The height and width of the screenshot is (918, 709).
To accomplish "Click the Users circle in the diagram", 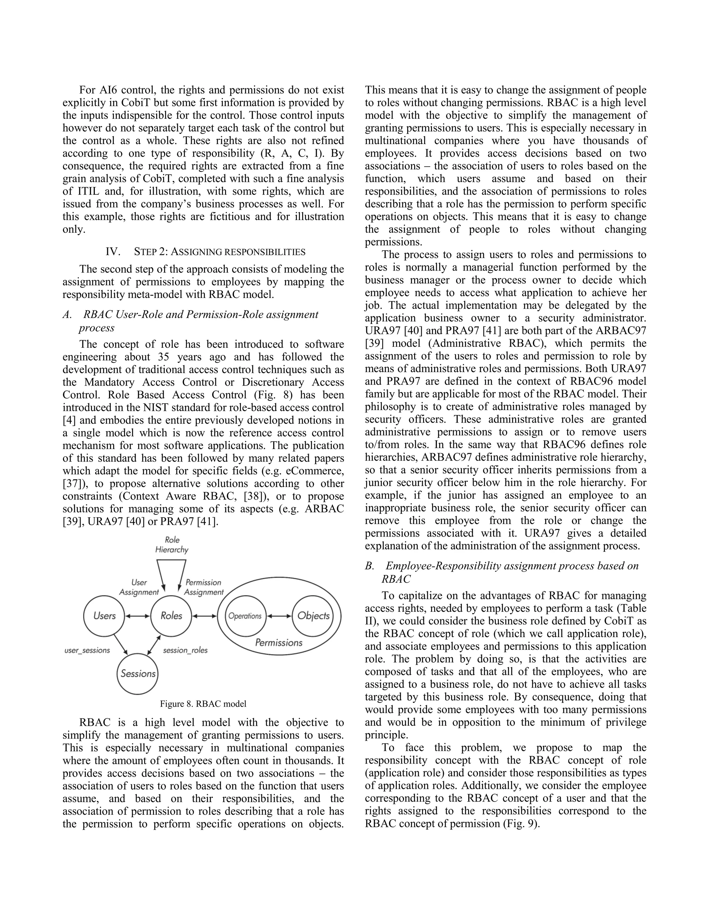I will [105, 616].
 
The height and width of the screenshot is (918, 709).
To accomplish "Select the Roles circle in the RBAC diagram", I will [171, 616].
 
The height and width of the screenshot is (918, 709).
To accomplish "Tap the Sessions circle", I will [138, 673].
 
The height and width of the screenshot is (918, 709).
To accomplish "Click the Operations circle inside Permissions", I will [245, 616].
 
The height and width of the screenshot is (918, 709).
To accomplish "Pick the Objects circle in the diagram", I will [313, 616].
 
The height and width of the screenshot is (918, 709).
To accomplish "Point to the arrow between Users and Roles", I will [138, 616].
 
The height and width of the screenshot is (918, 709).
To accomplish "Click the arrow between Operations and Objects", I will [279, 616].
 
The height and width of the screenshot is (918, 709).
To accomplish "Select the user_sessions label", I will [87, 650].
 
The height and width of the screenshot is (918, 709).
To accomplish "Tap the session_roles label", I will [185, 650].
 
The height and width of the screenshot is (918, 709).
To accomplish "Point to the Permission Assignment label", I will [204, 587].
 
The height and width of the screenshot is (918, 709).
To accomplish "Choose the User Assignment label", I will [139, 587].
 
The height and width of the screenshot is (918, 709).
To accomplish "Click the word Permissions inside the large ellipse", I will [279, 642].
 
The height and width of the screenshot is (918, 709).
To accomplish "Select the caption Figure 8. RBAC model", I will [203, 704].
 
